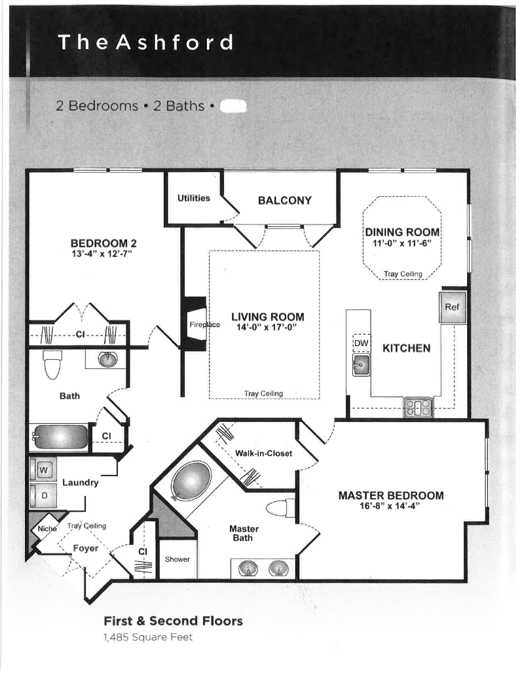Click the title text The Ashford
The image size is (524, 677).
point(145,43)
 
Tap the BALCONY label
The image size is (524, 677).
point(284,201)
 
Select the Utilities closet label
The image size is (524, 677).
point(193,198)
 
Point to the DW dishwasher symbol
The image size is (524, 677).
point(362,343)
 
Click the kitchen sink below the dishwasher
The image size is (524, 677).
point(360,366)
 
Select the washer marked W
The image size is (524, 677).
point(44,469)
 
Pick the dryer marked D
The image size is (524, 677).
point(44,496)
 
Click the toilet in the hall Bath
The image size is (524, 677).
point(52,365)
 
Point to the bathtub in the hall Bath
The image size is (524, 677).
point(60,436)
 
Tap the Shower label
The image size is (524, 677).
point(177,559)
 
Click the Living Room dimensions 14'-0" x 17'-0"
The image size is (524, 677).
point(267,328)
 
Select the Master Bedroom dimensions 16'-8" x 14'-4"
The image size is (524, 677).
point(390,506)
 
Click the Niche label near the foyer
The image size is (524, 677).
point(47,529)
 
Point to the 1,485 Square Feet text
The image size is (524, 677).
point(148,636)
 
